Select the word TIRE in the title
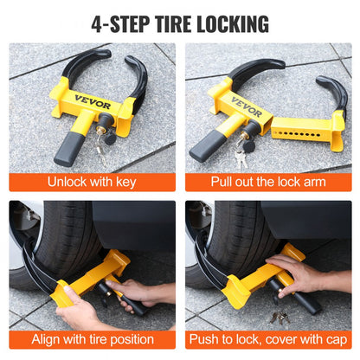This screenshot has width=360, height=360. pyautogui.click(x=170, y=22)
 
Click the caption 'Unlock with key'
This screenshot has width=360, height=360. pyautogui.click(x=92, y=183)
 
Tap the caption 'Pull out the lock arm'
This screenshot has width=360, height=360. pyautogui.click(x=268, y=183)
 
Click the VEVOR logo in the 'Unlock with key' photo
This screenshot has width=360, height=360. pyautogui.click(x=91, y=98)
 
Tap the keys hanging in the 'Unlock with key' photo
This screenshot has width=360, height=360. pyautogui.click(x=102, y=152)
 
